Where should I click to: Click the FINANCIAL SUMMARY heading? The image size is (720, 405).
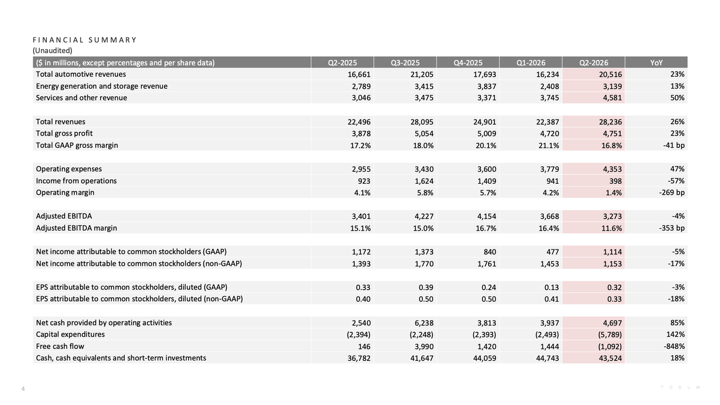[85, 40]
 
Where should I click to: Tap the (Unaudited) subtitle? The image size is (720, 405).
[53, 50]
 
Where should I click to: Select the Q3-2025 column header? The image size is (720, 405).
[405, 63]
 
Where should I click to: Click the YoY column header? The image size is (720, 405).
[656, 63]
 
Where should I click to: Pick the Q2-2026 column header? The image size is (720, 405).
[593, 63]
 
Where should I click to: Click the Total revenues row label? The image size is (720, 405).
[61, 122]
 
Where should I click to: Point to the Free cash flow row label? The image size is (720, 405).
[60, 346]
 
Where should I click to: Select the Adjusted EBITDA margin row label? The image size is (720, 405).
[76, 228]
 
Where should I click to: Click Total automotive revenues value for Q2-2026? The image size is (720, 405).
[610, 74]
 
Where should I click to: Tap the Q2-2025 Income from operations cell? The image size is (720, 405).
[364, 181]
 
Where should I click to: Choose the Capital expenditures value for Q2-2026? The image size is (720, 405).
[610, 335]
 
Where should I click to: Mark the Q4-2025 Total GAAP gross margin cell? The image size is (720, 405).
[486, 146]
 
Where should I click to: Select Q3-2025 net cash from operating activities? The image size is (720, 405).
[424, 323]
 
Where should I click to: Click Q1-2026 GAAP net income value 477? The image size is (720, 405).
[552, 252]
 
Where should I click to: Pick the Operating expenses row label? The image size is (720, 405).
[69, 169]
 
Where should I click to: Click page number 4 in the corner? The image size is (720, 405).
[23, 389]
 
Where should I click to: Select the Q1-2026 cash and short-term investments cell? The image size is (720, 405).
[547, 358]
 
